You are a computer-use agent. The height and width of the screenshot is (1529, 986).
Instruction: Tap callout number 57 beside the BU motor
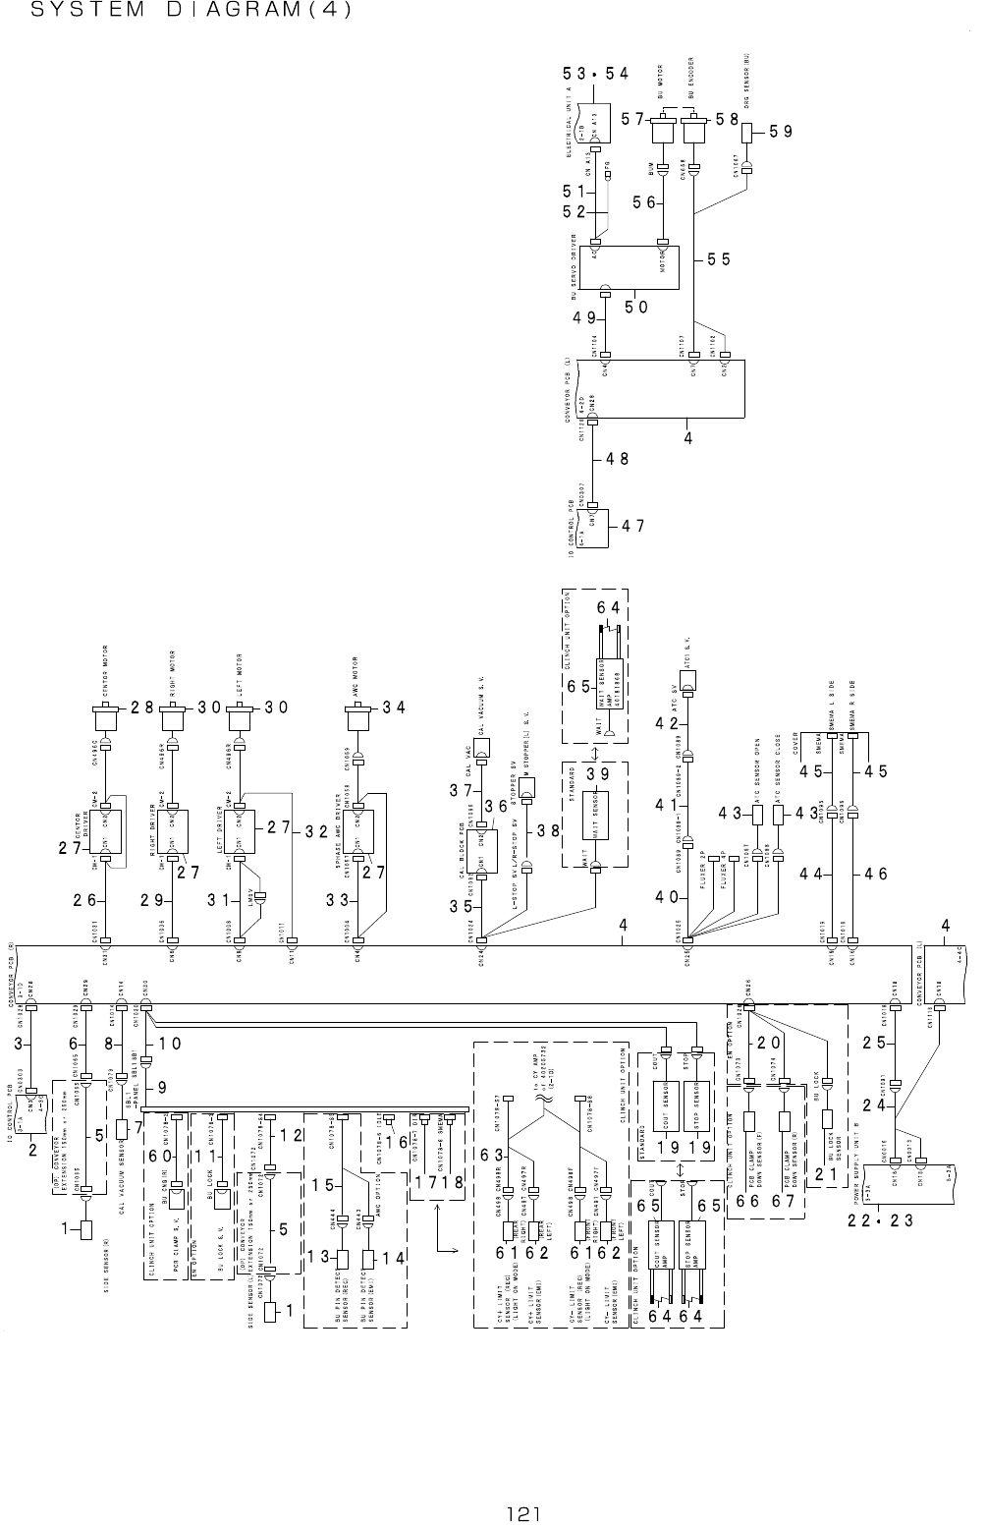coord(632,119)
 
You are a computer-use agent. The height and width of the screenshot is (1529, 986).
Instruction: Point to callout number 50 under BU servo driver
coord(636,307)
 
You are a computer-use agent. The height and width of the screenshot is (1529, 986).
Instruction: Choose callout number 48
coord(616,458)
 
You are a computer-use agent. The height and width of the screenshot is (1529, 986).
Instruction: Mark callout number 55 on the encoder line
coord(719,259)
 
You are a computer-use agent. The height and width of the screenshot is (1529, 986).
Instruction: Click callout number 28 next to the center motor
coord(142,707)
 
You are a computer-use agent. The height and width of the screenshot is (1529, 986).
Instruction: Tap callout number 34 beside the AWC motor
coord(394,707)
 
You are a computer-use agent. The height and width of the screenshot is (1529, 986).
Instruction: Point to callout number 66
coord(746,1202)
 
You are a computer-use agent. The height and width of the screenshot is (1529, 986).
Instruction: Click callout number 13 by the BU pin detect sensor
coord(317,1257)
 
